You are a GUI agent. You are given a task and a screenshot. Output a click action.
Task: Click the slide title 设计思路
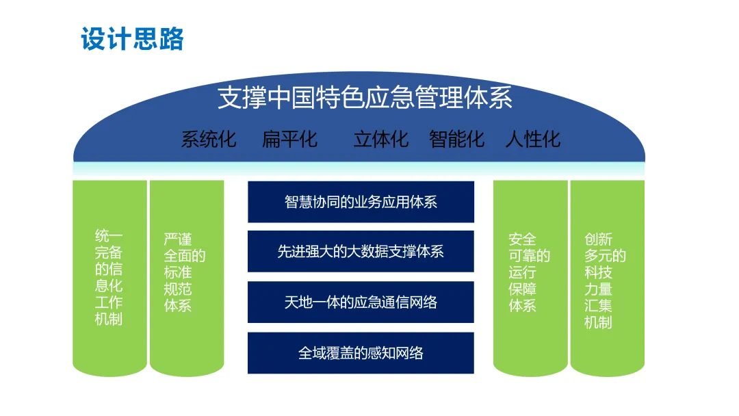[x=132, y=39]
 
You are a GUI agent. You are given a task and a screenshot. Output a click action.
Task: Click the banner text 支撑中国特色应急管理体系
[x=365, y=98]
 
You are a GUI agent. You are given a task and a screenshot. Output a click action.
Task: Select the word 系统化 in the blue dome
[x=209, y=140]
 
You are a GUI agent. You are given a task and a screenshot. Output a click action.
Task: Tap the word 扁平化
[x=289, y=140]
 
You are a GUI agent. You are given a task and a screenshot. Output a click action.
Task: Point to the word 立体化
[x=380, y=140]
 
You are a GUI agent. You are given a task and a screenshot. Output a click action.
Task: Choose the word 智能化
[x=456, y=140]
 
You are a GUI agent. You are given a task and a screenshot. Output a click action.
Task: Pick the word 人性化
[x=532, y=140]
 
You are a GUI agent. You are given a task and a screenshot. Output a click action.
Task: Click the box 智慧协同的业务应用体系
[x=361, y=202]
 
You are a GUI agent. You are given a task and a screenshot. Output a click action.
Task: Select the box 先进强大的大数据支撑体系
[x=361, y=252]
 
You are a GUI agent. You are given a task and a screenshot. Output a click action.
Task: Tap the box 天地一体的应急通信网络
[x=361, y=302]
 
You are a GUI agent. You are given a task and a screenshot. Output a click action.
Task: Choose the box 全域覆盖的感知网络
[x=361, y=353]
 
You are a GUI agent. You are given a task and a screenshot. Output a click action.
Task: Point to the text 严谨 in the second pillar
[x=177, y=239]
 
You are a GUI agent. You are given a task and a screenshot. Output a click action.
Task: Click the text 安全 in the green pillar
[x=522, y=239]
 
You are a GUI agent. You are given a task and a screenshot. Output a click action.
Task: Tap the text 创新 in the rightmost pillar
[x=598, y=239]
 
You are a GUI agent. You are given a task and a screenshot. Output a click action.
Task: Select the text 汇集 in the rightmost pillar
[x=598, y=305]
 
